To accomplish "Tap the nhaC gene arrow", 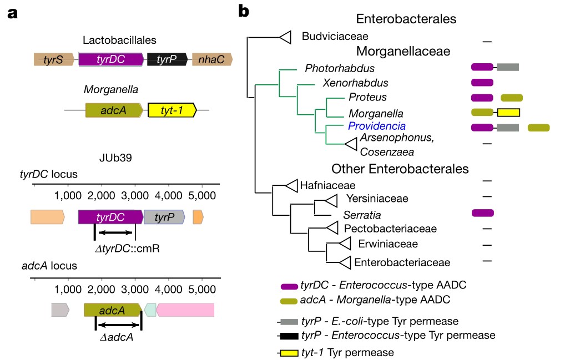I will point(212,59).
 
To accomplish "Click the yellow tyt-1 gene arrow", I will point(172,110).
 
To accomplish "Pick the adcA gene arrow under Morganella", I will point(114,110).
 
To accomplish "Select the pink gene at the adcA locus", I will point(186,309).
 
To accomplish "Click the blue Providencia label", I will point(377,126).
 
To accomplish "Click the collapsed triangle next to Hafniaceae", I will point(290,185).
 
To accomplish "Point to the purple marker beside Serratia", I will point(482,212).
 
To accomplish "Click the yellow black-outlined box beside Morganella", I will point(508,113).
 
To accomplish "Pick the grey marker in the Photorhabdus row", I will point(508,67).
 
